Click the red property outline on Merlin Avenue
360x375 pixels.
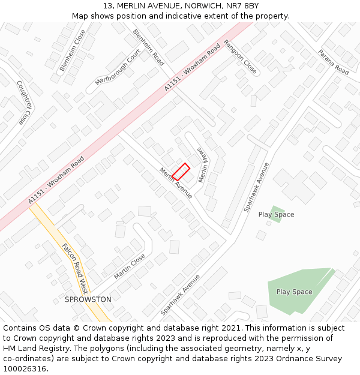[181, 172]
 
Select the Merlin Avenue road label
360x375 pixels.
[176, 182]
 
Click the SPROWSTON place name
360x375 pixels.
[88, 299]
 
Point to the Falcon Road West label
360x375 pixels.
[75, 268]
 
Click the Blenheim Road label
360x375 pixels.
[148, 47]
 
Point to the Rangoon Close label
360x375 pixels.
[240, 57]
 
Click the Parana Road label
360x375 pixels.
[333, 62]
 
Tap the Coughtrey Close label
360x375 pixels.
[23, 103]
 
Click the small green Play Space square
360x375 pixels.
[276, 214]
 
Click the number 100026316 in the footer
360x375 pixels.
[25, 368]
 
